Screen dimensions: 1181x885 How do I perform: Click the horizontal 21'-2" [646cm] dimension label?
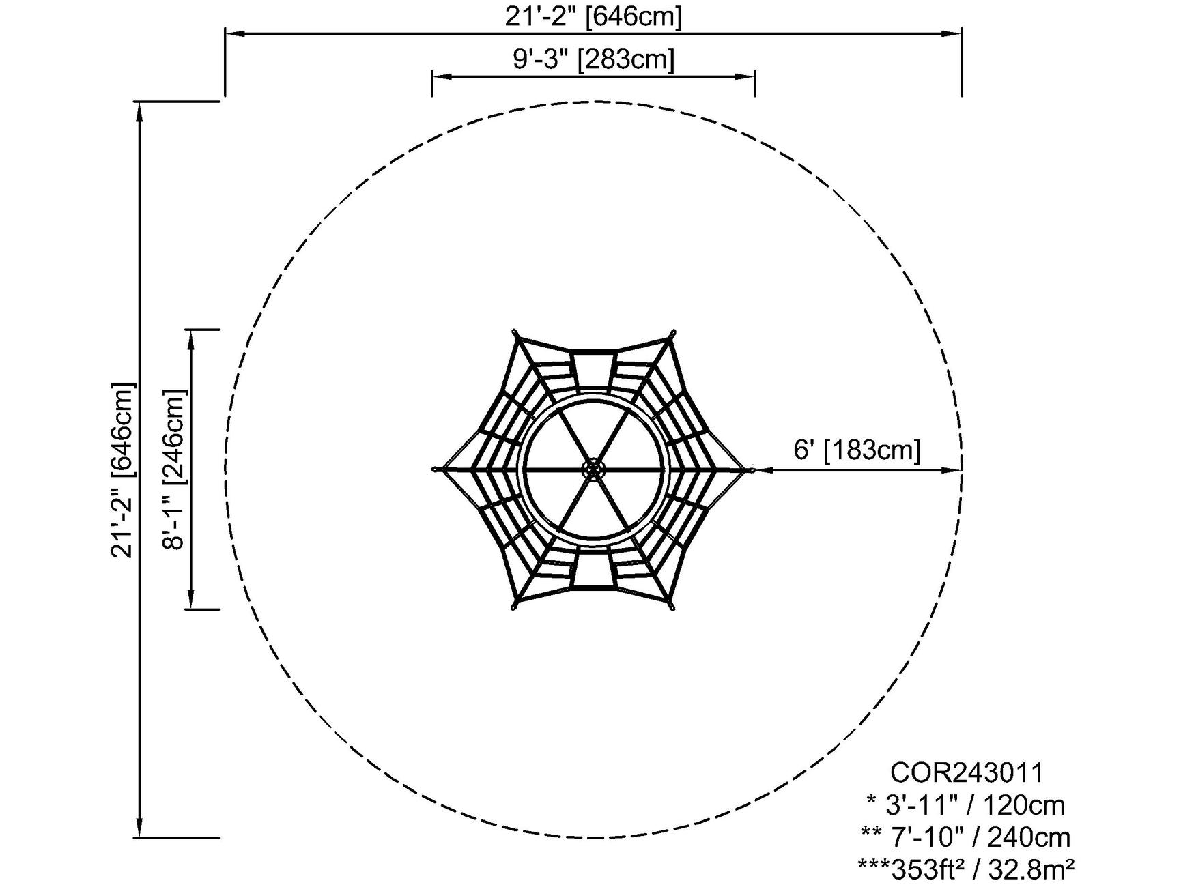[x=593, y=16]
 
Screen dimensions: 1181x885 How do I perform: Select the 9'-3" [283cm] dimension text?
[x=594, y=59]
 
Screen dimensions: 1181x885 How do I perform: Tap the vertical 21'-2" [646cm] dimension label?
[x=123, y=469]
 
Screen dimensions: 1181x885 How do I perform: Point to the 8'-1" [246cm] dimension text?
[x=173, y=469]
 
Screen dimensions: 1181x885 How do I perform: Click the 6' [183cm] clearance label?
[x=857, y=450]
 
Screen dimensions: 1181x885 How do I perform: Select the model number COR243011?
[x=967, y=773]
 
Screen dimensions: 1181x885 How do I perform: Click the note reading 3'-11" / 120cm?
[x=965, y=805]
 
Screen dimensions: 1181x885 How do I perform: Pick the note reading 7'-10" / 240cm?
[x=966, y=837]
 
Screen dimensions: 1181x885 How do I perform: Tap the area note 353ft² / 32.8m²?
[x=966, y=869]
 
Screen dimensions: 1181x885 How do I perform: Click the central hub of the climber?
[x=593, y=469]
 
